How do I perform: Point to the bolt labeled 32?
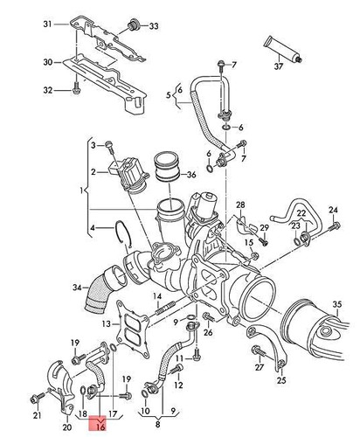coord(77,88)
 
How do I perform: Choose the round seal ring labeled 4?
coord(124,233)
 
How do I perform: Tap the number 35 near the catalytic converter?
coord(336,305)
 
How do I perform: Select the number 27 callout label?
coord(258,369)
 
